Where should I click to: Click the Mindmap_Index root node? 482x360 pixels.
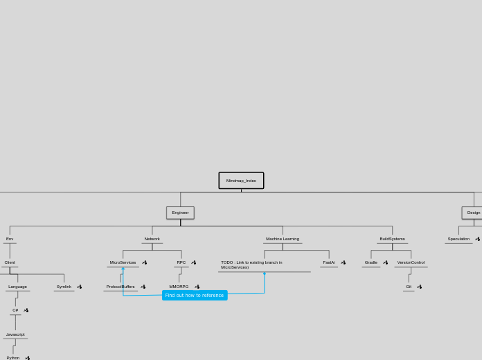click(x=241, y=181)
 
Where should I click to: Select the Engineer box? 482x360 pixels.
click(x=180, y=213)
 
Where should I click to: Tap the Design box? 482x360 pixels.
click(x=473, y=213)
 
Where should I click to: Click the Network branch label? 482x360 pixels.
click(x=152, y=239)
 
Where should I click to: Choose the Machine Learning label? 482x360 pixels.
click(x=283, y=239)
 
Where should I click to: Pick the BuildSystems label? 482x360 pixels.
click(x=392, y=239)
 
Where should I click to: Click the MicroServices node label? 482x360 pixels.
click(x=123, y=262)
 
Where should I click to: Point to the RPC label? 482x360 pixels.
click(x=181, y=262)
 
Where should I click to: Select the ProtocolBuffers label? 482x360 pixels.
click(x=120, y=287)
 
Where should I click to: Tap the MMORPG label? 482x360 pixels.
click(x=179, y=287)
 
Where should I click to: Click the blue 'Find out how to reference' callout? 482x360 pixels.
click(x=195, y=296)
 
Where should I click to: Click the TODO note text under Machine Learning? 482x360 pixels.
click(x=252, y=264)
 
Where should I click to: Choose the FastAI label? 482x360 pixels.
click(x=329, y=262)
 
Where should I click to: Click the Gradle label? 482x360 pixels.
click(x=371, y=262)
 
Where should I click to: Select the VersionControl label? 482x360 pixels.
click(x=411, y=262)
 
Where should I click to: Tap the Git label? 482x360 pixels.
click(x=409, y=287)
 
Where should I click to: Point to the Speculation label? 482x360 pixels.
click(x=458, y=239)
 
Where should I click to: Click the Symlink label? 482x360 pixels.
click(x=64, y=287)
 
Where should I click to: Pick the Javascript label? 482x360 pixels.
click(x=15, y=334)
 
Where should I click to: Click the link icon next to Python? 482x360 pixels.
click(x=28, y=358)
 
